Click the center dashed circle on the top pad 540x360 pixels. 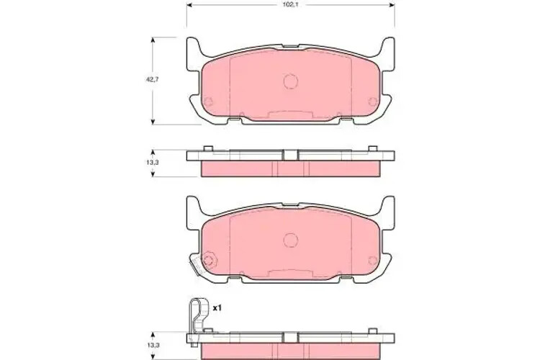pos(290,81)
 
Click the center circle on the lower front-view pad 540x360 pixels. pos(290,239)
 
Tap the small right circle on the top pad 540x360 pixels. pos(372,101)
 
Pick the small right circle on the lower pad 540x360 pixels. pos(372,259)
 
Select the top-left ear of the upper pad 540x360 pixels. pos(192,49)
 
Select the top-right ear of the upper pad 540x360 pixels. pos(388,49)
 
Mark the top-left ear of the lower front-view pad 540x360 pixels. pos(192,207)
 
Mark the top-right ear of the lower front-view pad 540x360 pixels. pos(388,207)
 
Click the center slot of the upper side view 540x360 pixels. pos(290,154)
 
